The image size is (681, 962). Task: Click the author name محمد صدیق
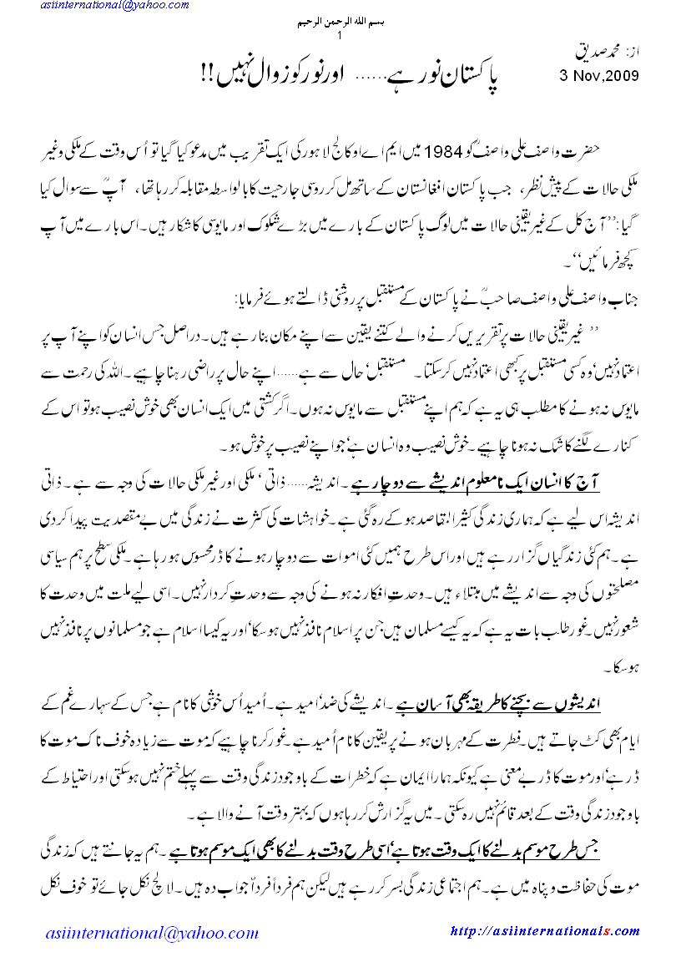pos(603,53)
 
